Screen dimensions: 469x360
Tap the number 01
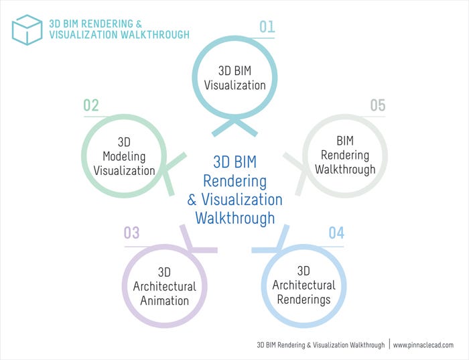click(x=267, y=27)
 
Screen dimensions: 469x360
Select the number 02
click(x=91, y=106)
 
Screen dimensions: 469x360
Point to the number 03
click(x=131, y=233)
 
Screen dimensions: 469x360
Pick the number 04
click(x=336, y=233)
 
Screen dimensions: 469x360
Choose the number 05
click(x=378, y=106)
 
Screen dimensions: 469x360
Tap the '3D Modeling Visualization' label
click(x=124, y=156)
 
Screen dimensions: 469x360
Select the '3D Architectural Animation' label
click(x=165, y=286)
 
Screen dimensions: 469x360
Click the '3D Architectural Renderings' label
click(x=304, y=286)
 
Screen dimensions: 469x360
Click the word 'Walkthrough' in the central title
click(x=234, y=218)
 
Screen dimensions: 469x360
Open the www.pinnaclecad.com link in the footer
click(x=423, y=345)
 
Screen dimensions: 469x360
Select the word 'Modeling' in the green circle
click(x=124, y=156)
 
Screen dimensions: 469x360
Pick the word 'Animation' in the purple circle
click(x=165, y=300)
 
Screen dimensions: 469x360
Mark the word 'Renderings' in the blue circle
click(x=304, y=300)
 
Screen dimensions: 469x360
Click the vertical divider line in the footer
click(x=389, y=344)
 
